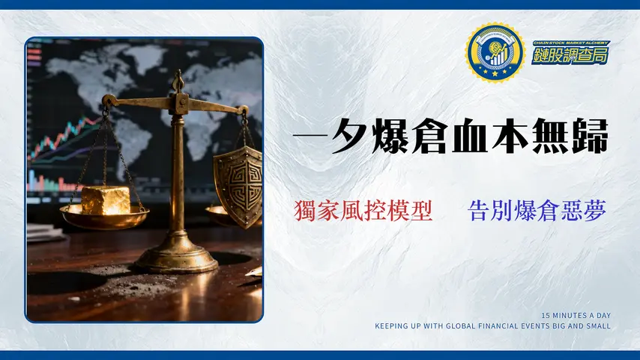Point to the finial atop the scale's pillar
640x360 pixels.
click(178, 78)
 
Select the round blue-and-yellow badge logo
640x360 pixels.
click(494, 52)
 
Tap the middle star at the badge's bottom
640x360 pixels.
click(494, 75)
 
